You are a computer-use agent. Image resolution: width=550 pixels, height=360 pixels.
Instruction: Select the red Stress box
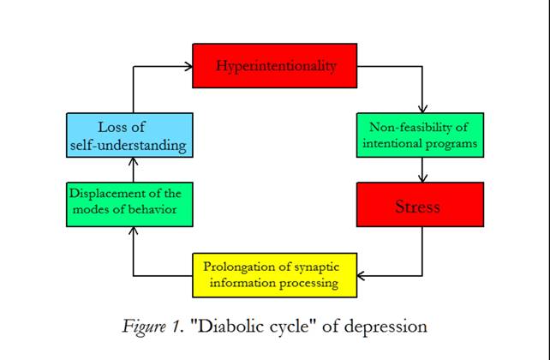click(420, 206)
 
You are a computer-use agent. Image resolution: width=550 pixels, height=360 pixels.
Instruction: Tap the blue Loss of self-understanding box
click(130, 136)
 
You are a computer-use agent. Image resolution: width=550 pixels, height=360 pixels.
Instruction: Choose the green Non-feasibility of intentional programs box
click(416, 135)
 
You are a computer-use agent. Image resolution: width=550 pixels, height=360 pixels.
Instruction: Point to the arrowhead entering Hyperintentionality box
click(187, 66)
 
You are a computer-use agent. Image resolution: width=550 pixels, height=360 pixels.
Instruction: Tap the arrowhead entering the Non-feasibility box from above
click(421, 110)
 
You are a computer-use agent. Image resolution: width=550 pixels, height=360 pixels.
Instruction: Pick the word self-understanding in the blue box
click(130, 145)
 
